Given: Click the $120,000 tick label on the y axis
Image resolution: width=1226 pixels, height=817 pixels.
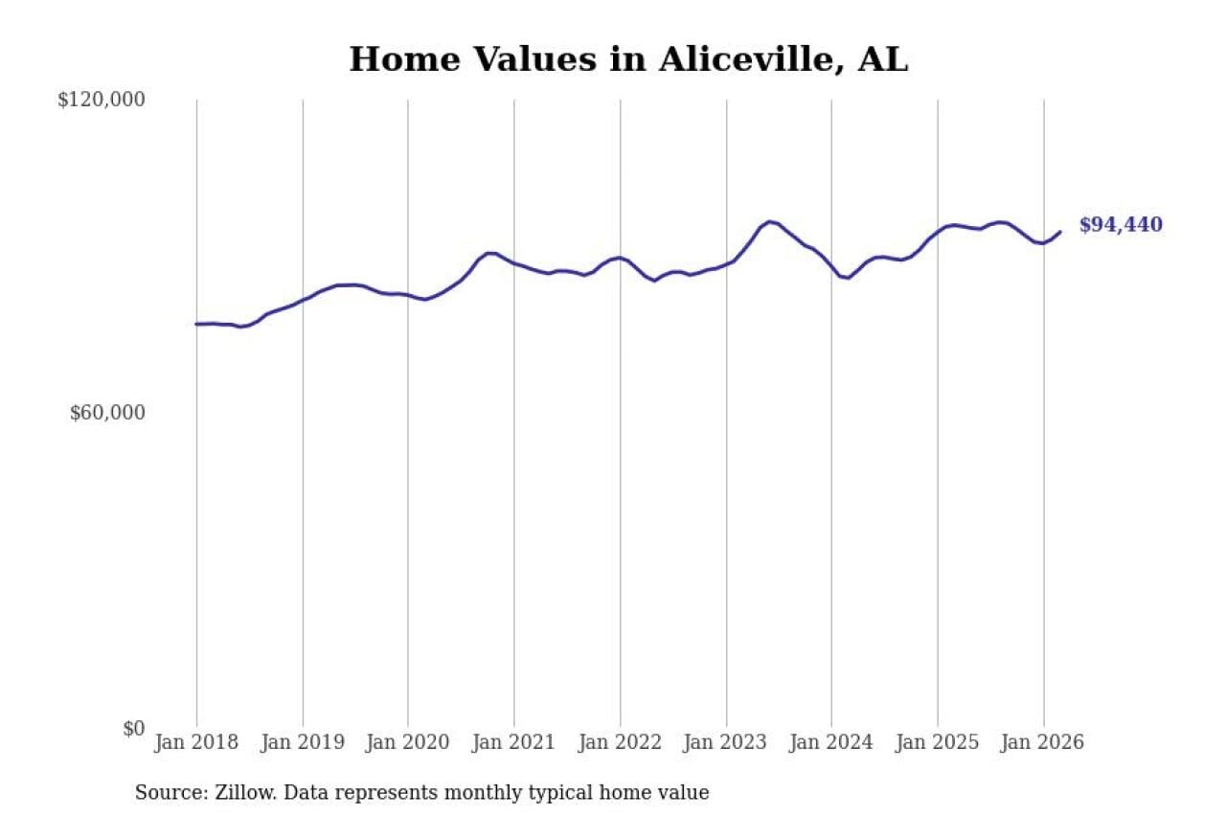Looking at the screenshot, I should [101, 100].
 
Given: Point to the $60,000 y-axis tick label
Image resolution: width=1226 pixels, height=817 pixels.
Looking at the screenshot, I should [107, 413].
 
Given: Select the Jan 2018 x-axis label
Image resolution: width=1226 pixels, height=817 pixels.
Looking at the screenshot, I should [196, 743].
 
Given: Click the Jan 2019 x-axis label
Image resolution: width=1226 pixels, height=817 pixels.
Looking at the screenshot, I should [303, 743].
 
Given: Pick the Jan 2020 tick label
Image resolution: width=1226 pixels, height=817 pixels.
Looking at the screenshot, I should [408, 743].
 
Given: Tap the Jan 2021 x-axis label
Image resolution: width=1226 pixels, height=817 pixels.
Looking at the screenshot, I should [514, 743].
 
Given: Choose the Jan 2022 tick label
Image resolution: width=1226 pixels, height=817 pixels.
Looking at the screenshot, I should [620, 743].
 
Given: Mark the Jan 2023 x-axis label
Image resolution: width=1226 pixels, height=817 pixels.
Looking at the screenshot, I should [726, 743].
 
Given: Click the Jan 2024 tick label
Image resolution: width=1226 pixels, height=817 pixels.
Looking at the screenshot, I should [831, 743].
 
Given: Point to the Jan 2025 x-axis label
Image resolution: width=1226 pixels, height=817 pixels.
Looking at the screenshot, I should [938, 743].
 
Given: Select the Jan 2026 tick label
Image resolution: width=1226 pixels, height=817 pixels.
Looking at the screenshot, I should [1043, 743].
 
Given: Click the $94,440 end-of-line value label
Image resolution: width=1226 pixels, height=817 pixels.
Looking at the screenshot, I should [1121, 225].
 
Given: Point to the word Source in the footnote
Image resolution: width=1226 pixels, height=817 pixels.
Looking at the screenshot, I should [167, 793].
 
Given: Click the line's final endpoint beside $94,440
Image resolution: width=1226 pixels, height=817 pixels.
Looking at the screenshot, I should [1060, 231].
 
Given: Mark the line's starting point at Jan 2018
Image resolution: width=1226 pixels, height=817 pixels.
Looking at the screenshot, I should [196, 324].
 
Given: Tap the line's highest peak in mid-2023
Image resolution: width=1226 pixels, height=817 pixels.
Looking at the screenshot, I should [769, 221].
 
